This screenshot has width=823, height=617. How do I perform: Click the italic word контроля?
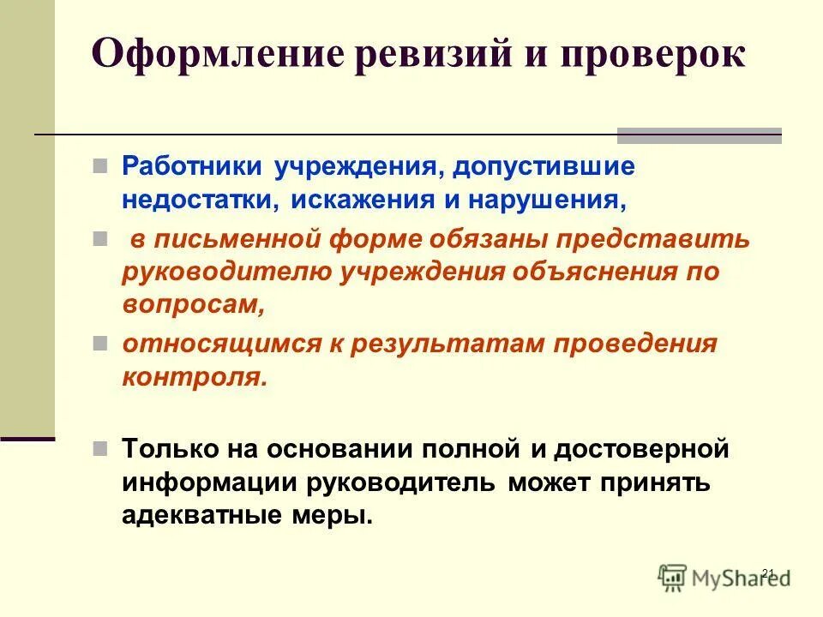(x=195, y=377)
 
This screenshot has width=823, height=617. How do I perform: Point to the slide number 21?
(x=767, y=572)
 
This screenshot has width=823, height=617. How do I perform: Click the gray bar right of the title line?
(x=700, y=135)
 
